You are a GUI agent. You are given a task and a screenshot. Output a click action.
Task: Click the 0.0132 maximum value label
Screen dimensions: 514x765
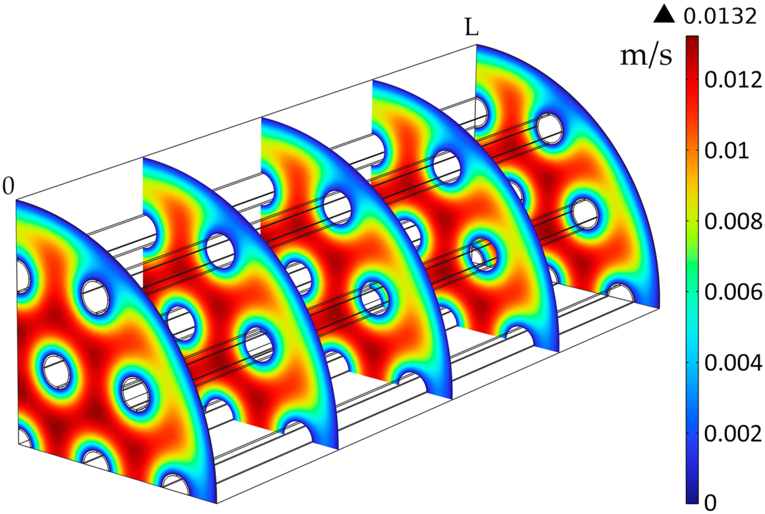pyautogui.click(x=720, y=16)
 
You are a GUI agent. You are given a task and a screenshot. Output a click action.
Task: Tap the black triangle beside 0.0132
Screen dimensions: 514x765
pyautogui.click(x=664, y=15)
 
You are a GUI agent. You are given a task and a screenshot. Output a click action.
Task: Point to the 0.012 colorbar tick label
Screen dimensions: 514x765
pyautogui.click(x=733, y=80)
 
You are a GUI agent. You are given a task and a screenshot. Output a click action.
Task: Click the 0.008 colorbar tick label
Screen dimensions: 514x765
pyautogui.click(x=733, y=221)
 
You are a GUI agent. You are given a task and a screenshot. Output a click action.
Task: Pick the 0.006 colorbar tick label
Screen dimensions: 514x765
pyautogui.click(x=733, y=292)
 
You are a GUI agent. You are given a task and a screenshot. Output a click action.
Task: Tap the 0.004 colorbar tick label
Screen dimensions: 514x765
pyautogui.click(x=733, y=363)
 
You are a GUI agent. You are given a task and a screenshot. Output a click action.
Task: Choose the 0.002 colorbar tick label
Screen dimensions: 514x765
pyautogui.click(x=733, y=434)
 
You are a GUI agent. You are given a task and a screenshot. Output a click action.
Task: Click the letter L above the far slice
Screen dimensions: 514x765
pyautogui.click(x=471, y=28)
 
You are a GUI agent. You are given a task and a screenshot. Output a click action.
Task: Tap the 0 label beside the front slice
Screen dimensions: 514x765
pyautogui.click(x=8, y=186)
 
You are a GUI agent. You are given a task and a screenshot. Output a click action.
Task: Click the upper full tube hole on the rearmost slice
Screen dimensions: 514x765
pyautogui.click(x=550, y=128)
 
